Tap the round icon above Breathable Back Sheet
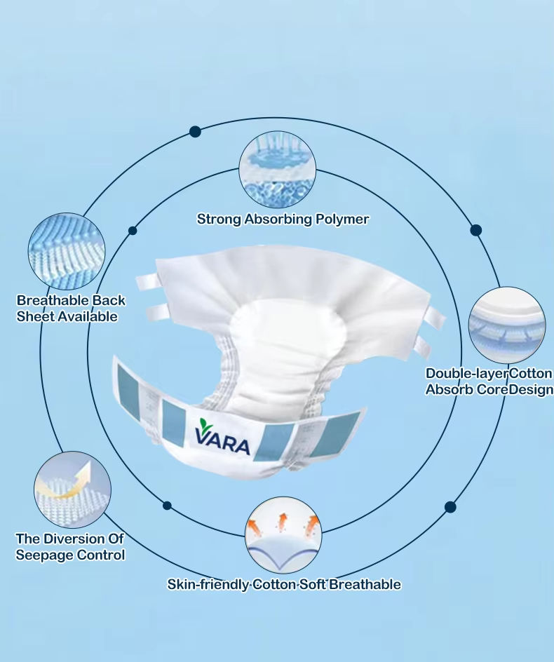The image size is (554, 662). (67, 251)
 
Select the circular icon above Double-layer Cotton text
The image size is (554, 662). (506, 325)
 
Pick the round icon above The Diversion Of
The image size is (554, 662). (72, 489)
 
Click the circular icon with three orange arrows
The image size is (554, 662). (283, 535)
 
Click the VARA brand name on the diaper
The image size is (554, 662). (223, 445)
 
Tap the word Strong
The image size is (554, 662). (219, 219)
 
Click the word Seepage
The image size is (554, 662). (45, 555)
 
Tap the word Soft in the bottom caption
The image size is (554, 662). (312, 584)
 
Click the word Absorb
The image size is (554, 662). (450, 389)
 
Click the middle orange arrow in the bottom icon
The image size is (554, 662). (283, 520)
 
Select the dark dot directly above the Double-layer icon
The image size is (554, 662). (476, 230)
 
